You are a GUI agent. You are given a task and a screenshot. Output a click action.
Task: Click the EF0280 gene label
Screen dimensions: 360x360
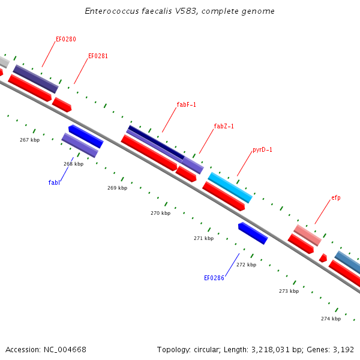click(x=66, y=39)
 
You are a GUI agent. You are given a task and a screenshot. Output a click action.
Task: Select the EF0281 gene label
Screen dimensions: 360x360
click(x=98, y=56)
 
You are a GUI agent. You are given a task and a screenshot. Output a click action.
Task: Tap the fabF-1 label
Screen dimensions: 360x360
click(x=186, y=104)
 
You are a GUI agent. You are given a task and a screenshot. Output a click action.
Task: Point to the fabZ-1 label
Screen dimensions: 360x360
click(x=224, y=126)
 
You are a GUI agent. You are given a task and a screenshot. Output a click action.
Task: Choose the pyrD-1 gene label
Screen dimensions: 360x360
click(x=262, y=149)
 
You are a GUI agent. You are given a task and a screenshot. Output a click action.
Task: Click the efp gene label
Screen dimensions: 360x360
click(x=336, y=197)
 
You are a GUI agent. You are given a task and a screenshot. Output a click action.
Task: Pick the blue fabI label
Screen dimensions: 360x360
click(x=54, y=182)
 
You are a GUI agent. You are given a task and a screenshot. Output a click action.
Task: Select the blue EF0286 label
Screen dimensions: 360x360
click(x=214, y=278)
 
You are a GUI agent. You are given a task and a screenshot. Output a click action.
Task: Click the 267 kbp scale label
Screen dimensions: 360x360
click(x=29, y=140)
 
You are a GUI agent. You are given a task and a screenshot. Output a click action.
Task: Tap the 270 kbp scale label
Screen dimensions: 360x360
click(x=160, y=213)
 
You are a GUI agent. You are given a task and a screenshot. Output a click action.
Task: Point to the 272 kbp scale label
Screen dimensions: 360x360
click(x=247, y=265)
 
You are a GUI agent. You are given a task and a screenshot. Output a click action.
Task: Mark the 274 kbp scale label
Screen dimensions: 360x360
click(x=331, y=319)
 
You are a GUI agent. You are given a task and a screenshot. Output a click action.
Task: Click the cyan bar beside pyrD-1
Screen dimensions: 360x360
click(x=230, y=188)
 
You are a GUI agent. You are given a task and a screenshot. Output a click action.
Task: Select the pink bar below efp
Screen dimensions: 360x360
click(x=307, y=235)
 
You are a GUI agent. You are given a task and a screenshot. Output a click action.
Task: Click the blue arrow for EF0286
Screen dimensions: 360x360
click(x=253, y=233)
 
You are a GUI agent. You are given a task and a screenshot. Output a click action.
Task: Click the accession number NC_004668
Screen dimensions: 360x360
click(x=65, y=350)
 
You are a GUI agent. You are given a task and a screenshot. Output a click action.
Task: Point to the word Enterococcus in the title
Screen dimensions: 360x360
click(x=112, y=11)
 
